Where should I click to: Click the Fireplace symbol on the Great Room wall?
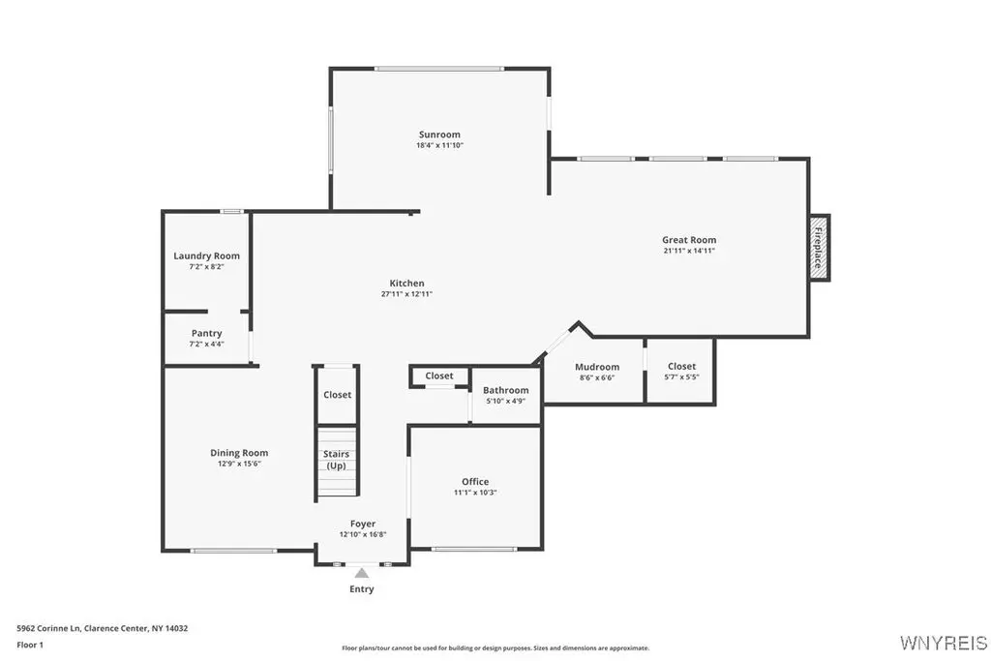[x=820, y=247]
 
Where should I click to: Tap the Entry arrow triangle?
[x=362, y=573]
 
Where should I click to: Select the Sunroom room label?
[x=440, y=134]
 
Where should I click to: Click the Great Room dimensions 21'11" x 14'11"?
[x=689, y=251]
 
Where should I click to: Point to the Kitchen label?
[x=407, y=284]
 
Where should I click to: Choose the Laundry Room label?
[x=207, y=255]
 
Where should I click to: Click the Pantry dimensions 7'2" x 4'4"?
[x=207, y=344]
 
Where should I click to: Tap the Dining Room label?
[x=239, y=453]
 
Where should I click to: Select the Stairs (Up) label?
[x=336, y=460]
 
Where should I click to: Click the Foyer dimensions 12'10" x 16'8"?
[x=363, y=534]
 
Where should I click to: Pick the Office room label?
[x=475, y=482]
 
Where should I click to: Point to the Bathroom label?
[x=505, y=390]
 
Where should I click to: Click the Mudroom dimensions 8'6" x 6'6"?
[x=597, y=377]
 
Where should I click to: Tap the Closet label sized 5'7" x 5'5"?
[x=681, y=366]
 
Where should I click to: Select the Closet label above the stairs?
[x=337, y=394]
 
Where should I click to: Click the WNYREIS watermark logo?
[x=944, y=643]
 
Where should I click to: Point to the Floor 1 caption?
[x=30, y=645]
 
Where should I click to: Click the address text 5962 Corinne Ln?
[x=48, y=628]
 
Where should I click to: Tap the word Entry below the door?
[x=362, y=589]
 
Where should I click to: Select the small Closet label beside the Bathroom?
[x=439, y=376]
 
